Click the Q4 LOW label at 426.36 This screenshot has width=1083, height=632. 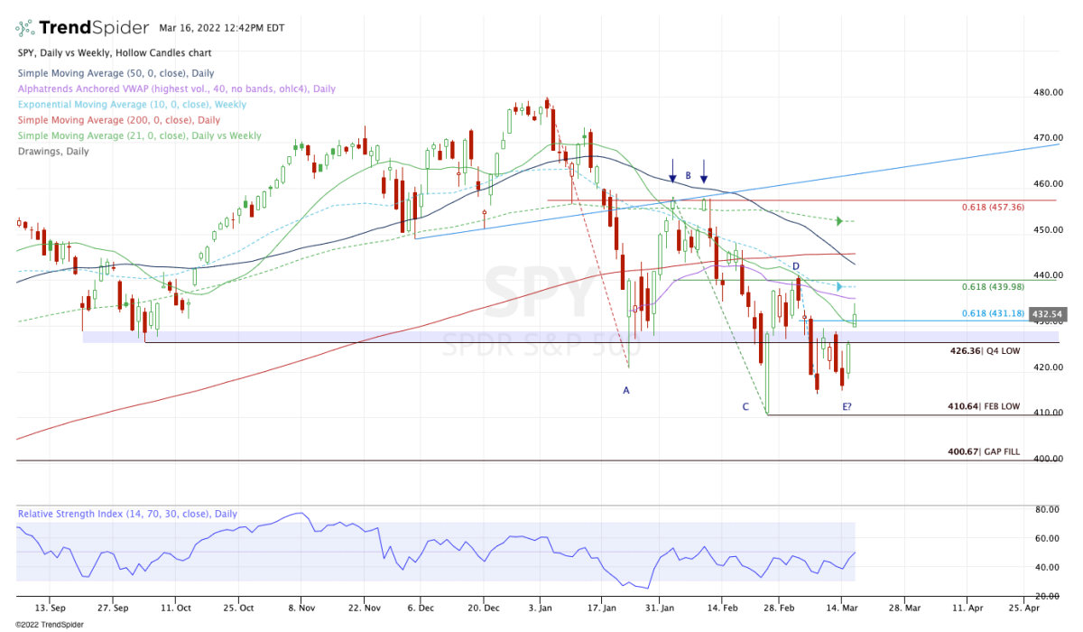[x=986, y=350]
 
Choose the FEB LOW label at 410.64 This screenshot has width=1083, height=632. [x=985, y=407]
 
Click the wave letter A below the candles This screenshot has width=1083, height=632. [x=625, y=390]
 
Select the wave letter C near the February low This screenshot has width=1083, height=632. [x=745, y=407]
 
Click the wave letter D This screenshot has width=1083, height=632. [x=796, y=266]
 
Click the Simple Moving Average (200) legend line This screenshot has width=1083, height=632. [x=118, y=120]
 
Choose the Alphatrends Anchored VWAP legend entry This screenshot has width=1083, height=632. [x=176, y=88]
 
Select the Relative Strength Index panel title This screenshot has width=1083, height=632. [x=127, y=514]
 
